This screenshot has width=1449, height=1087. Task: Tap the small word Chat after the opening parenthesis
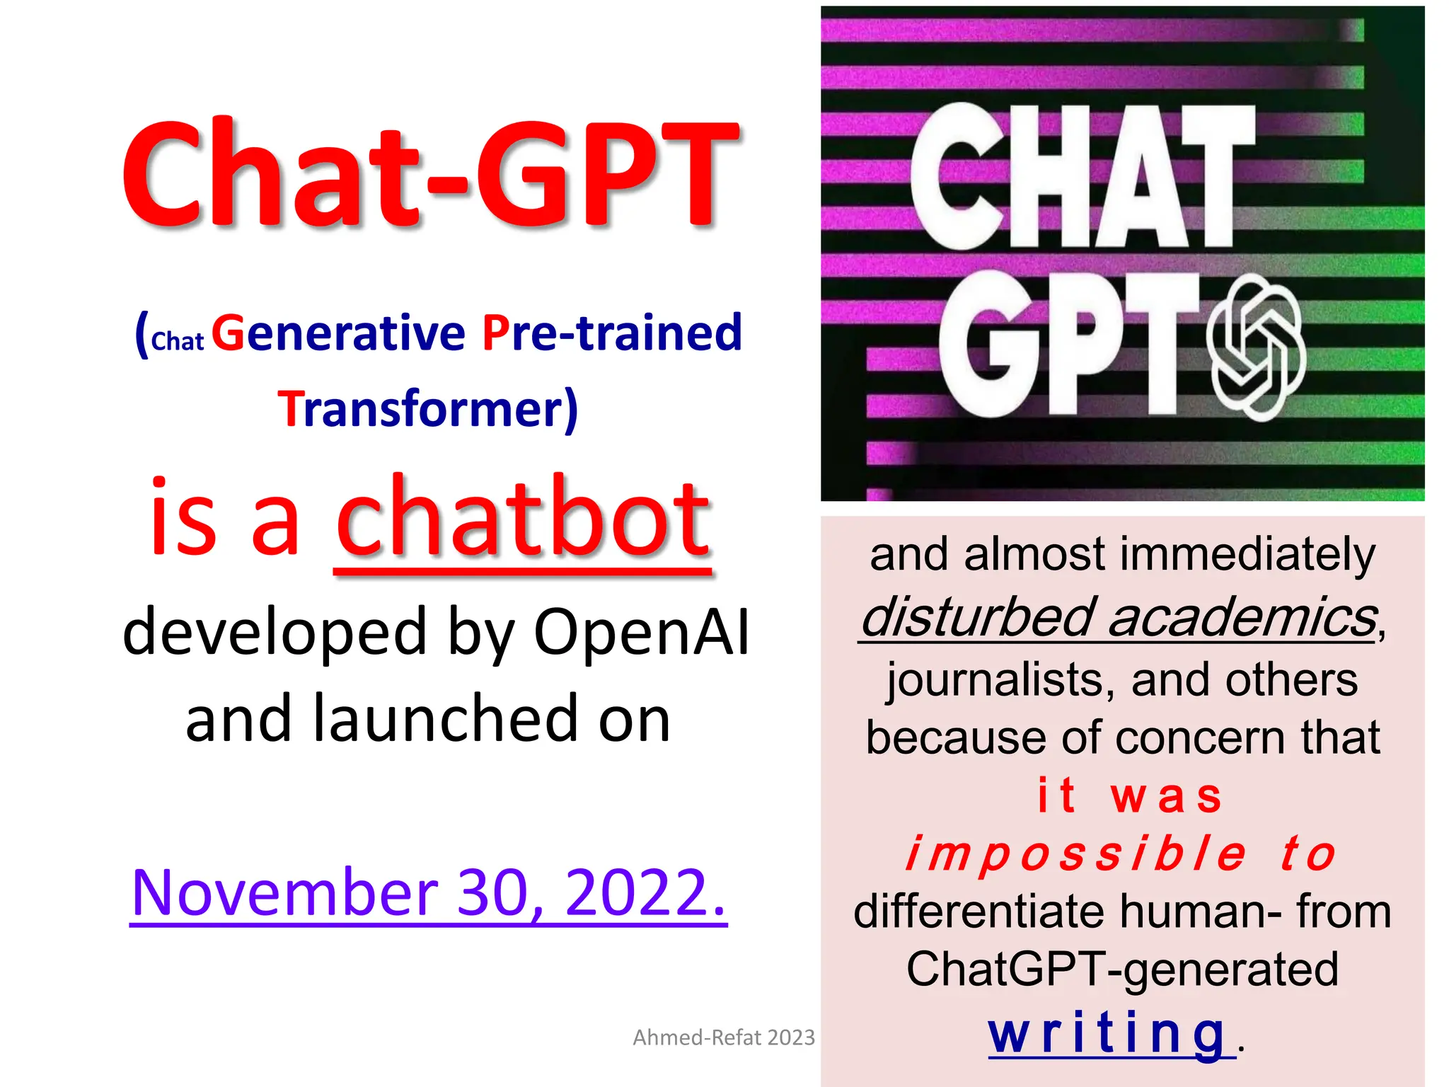tap(177, 341)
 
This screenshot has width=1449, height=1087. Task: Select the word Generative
tap(338, 333)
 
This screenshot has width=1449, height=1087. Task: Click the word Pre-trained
tap(612, 333)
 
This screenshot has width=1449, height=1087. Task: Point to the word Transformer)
tap(427, 409)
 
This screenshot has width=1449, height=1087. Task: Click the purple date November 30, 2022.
tap(428, 893)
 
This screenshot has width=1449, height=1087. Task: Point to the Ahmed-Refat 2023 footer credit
tap(723, 1037)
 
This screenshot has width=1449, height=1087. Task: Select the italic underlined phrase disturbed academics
tap(1118, 617)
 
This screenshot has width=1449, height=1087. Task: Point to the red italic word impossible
tap(1075, 853)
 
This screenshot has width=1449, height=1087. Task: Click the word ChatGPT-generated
tap(1122, 970)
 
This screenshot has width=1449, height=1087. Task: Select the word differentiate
tap(978, 911)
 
